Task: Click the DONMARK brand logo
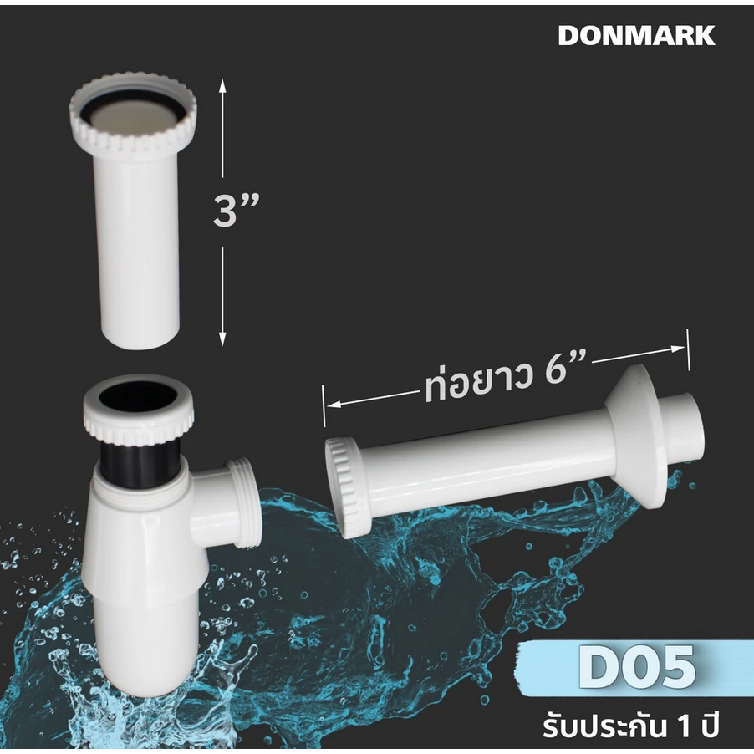point(636,36)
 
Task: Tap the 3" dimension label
point(236,211)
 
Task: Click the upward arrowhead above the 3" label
point(222,86)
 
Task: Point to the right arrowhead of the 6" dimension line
point(678,349)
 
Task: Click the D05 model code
point(637,666)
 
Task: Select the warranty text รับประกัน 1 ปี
point(631,726)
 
